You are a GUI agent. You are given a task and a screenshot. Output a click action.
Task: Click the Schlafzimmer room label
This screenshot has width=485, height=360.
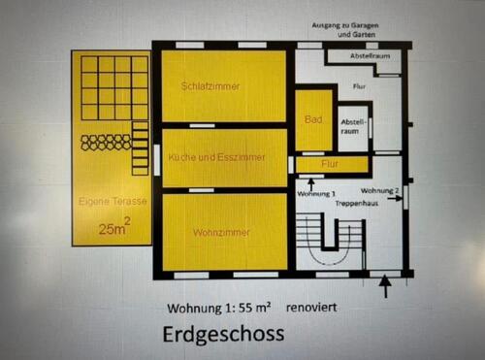[210, 86]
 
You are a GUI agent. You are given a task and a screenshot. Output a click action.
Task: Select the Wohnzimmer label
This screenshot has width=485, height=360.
[221, 233]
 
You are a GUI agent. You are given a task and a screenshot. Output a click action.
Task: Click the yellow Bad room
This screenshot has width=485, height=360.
[312, 119]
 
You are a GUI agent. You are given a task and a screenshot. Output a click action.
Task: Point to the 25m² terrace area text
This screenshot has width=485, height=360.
[114, 229]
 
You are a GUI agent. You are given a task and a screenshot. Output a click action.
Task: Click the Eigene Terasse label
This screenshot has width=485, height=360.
[113, 201]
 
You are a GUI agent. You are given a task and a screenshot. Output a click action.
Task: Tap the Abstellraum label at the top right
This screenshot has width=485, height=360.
[362, 56]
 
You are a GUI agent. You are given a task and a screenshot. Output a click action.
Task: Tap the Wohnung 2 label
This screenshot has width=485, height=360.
[379, 191]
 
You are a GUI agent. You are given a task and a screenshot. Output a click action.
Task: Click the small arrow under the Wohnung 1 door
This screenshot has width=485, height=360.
[310, 180]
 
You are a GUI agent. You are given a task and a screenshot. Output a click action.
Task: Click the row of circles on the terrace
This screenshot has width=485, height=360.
[106, 143]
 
